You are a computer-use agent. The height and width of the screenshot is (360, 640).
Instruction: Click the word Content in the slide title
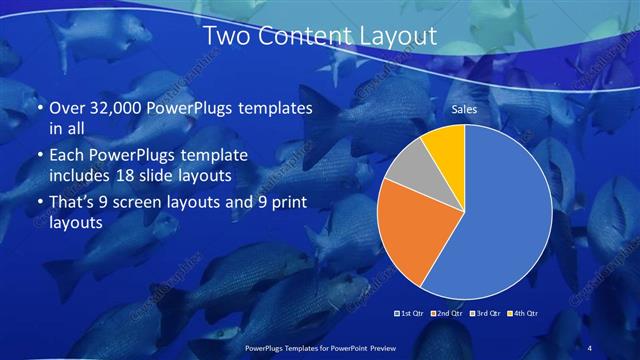pos(300,37)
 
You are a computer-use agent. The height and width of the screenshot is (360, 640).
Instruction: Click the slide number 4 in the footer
pos(590,347)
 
